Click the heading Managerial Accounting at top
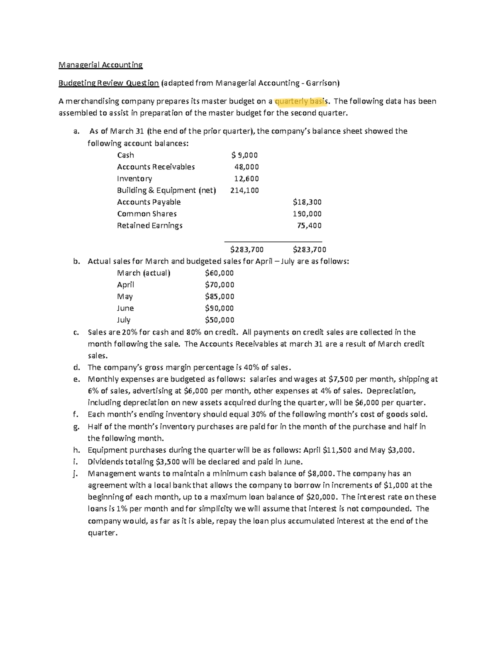tap(100, 65)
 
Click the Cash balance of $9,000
tap(245, 155)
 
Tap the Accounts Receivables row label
tap(156, 167)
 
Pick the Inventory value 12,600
tap(247, 179)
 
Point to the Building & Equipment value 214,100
tap(244, 190)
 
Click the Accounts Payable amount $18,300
tap(307, 202)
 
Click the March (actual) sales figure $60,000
tap(219, 273)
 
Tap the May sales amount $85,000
tap(220, 297)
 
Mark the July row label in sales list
tap(124, 320)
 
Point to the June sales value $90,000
tap(219, 308)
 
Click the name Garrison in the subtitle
tap(322, 83)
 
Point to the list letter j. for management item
tap(76, 474)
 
